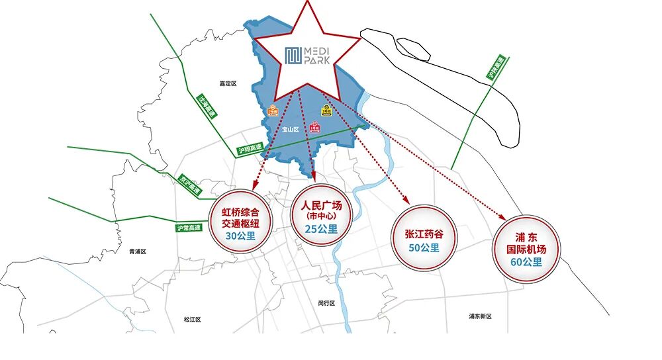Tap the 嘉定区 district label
pos(228,84)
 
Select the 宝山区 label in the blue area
pos(291,130)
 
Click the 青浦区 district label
pos(138,251)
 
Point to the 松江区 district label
pos(193,320)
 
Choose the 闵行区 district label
pos(326,303)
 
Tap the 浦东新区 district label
pos(480,316)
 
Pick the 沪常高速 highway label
pos(189,228)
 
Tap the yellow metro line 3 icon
pos(326,111)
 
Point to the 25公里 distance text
pos(321,230)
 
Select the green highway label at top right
pos(495,69)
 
